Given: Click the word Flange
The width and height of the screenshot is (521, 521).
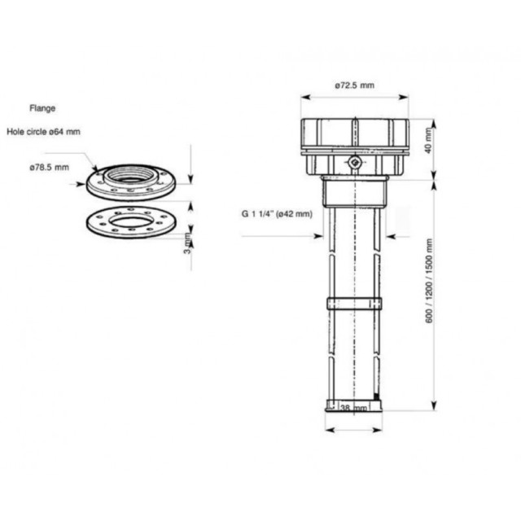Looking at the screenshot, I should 42,107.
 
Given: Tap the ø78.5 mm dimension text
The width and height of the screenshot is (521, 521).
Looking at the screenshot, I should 49,167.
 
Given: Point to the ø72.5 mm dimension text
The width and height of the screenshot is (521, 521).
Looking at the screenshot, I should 354,85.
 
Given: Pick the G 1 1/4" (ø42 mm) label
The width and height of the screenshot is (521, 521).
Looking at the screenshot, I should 276,214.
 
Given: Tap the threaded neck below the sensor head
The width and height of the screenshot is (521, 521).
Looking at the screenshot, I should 354,193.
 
